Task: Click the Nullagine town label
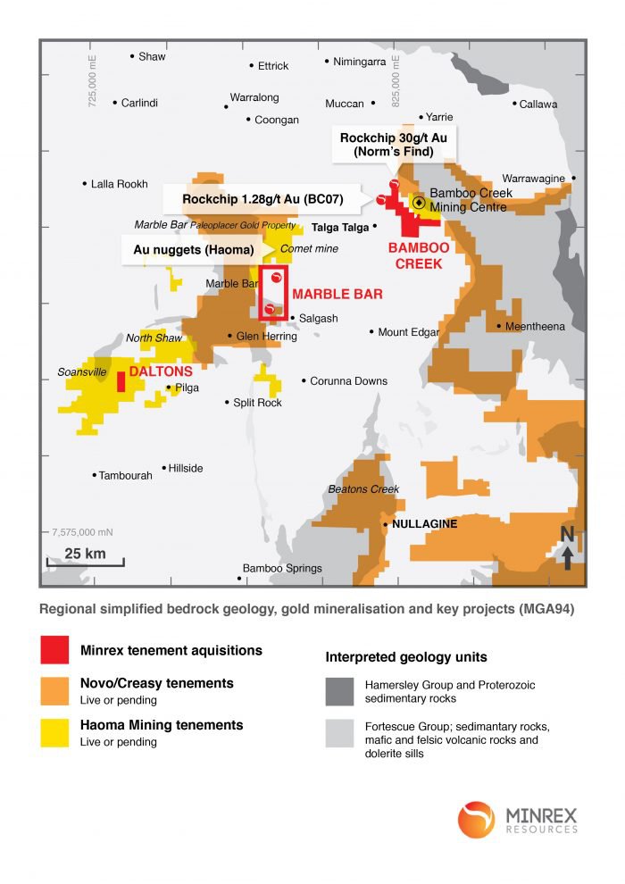coord(424,524)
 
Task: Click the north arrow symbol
coord(567,547)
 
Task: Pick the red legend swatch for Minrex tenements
coord(54,650)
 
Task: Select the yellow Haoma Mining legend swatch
coord(54,732)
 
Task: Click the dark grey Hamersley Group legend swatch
coord(338,691)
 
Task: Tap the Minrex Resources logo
coord(518,820)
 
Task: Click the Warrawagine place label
coord(533,179)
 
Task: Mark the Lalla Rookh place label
coord(119,185)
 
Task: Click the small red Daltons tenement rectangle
coord(121,381)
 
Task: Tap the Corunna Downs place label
coord(348,381)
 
